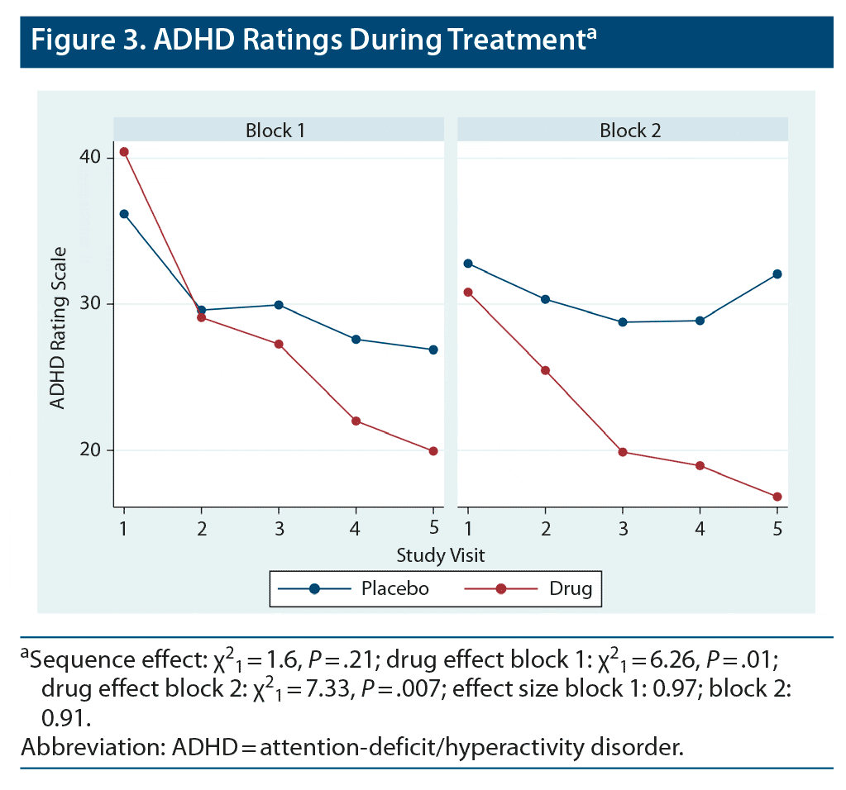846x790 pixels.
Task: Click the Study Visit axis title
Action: click(440, 554)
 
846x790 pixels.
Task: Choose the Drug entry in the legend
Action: click(571, 588)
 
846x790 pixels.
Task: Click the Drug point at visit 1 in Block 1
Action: click(124, 152)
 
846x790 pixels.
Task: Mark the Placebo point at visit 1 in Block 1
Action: click(124, 214)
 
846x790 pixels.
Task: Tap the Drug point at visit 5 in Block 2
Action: click(777, 497)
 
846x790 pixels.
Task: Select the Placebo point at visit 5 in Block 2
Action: click(777, 274)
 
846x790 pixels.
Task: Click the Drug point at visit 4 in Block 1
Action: click(356, 421)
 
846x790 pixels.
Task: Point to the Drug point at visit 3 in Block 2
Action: click(623, 452)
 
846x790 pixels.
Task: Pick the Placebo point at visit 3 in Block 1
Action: click(279, 305)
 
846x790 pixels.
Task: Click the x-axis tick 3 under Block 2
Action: click(623, 528)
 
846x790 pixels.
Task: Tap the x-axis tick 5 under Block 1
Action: click(433, 528)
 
